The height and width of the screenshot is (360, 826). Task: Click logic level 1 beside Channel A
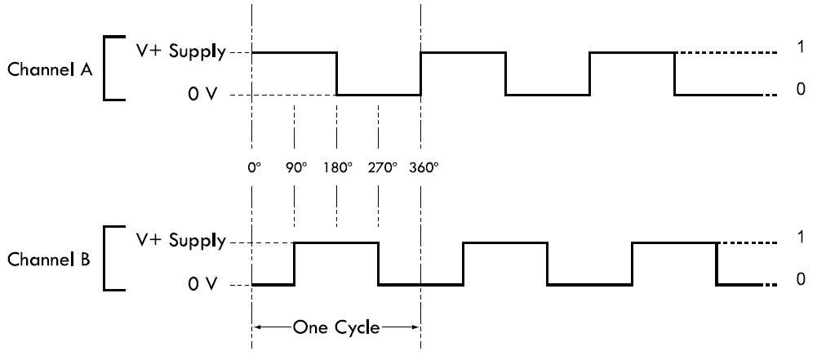point(801,48)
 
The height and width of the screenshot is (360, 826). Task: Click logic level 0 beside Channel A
point(801,89)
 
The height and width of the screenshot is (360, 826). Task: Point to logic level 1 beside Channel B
point(801,238)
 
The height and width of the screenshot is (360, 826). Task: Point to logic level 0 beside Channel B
point(801,279)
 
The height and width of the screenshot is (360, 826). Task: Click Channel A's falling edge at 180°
point(337,73)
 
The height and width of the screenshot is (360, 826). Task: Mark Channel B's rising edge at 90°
point(294,263)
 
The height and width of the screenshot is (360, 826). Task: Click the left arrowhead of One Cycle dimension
point(258,328)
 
